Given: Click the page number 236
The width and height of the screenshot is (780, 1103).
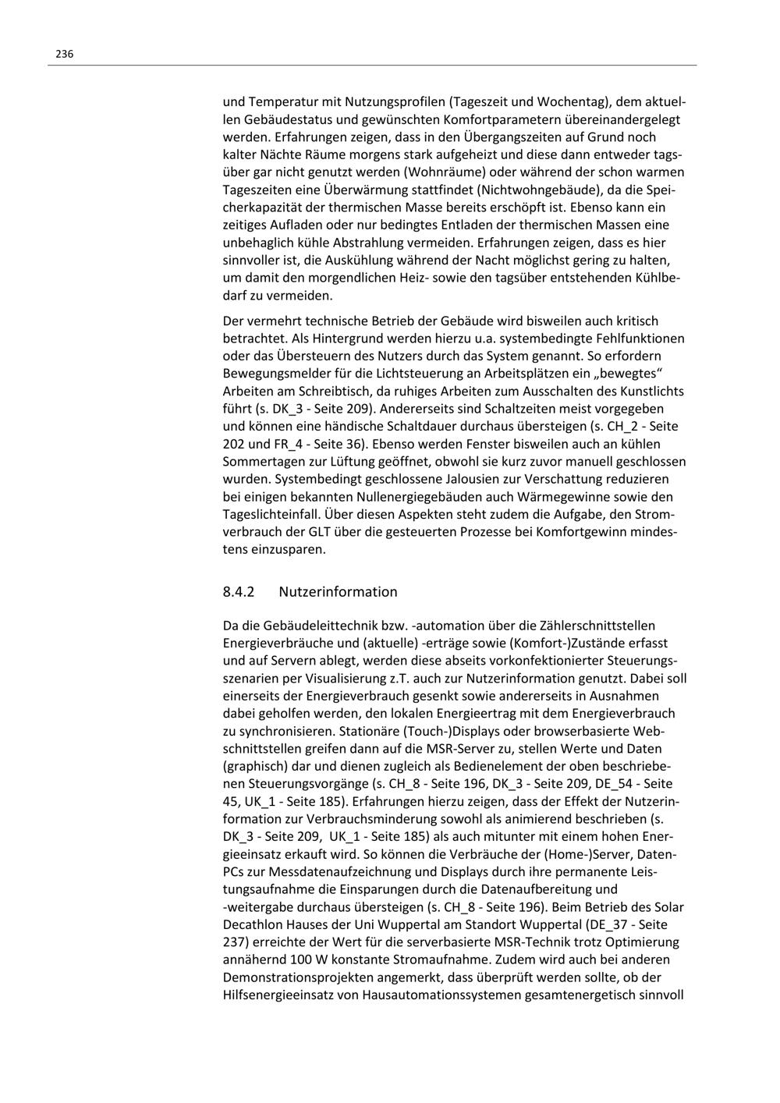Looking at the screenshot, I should coord(64,54).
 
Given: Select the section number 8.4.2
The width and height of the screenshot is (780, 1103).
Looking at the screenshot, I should coord(239,591).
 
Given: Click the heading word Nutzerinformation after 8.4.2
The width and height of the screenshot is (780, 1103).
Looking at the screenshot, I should coord(338,591).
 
